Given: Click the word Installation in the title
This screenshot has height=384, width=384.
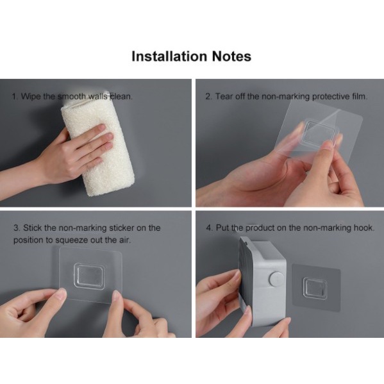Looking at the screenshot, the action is pyautogui.click(x=169, y=56).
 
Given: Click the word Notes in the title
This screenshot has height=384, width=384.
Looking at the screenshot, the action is pyautogui.click(x=231, y=56).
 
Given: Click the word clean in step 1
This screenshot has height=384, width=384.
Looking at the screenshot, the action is pyautogui.click(x=121, y=97).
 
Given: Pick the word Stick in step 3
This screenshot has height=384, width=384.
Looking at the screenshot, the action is pyautogui.click(x=33, y=228).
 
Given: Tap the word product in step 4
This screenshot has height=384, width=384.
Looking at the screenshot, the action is pyautogui.click(x=260, y=228).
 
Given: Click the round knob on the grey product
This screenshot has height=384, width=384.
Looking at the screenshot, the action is pyautogui.click(x=277, y=279).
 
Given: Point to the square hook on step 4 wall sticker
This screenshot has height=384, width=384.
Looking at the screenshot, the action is pyautogui.click(x=315, y=288).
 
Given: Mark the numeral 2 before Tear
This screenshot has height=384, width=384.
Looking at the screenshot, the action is pyautogui.click(x=208, y=97).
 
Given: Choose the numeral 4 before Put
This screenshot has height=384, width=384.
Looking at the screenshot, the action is pyautogui.click(x=209, y=228).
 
